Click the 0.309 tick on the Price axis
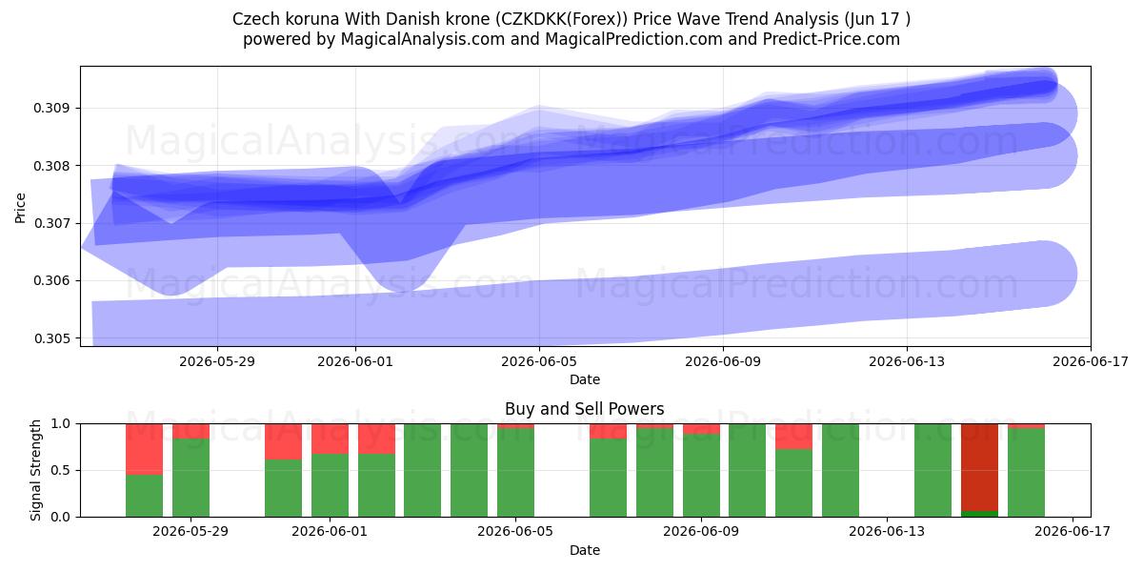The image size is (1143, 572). [x=51, y=109]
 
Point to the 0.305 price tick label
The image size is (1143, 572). [x=51, y=338]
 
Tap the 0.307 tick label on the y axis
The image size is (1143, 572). [x=51, y=224]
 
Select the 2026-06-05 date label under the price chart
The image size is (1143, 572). [x=539, y=361]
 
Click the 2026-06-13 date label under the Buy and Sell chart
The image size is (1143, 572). [x=887, y=532]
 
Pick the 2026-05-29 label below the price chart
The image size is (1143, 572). [x=217, y=361]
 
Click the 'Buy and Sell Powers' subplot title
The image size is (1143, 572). [x=585, y=409]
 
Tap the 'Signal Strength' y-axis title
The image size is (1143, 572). [x=35, y=470]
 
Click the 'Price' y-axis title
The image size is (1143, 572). [x=20, y=208]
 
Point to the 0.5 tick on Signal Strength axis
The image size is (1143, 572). [x=60, y=470]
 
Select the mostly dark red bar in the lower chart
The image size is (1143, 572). [x=979, y=467]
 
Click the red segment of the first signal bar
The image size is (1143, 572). [x=145, y=449]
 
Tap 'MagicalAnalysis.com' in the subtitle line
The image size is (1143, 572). [x=423, y=39]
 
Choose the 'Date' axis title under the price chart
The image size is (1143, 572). [x=585, y=379]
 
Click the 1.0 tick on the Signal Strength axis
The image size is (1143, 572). [x=60, y=424]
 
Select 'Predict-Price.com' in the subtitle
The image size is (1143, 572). [x=832, y=39]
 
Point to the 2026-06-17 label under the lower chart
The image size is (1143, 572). [x=1073, y=532]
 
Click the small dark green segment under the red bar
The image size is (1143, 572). [x=979, y=514]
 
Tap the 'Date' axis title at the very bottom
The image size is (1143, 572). [x=585, y=550]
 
